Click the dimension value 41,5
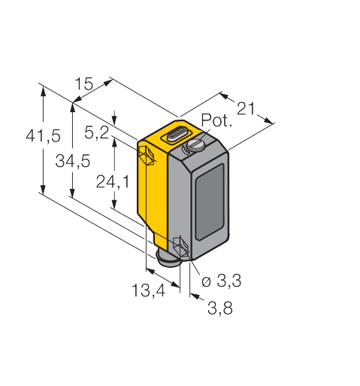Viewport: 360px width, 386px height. (44, 135)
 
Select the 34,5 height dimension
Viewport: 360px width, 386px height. (73, 161)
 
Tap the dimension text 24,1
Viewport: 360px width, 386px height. (113, 181)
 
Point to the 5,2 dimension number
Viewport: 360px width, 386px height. (97, 132)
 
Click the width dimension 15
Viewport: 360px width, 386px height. (84, 84)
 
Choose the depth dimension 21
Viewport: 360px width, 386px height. (246, 108)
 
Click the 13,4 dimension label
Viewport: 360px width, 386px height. (149, 290)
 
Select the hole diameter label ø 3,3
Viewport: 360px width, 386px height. (222, 281)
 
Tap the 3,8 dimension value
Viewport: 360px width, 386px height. (220, 308)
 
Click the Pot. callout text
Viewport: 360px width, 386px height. (216, 120)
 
